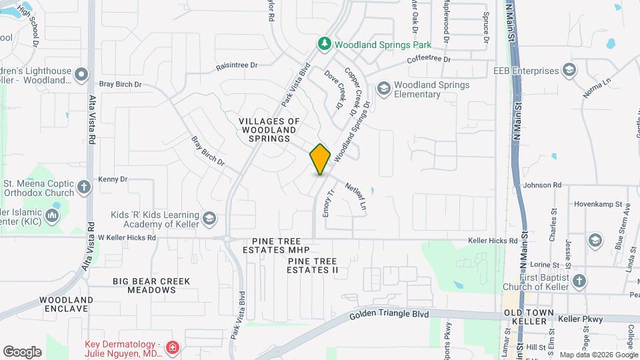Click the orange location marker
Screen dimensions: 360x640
click(x=320, y=159)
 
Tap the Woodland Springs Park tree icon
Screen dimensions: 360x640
click(x=324, y=44)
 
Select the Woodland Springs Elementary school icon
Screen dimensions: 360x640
click(x=383, y=88)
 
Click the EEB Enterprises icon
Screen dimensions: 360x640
click(x=569, y=71)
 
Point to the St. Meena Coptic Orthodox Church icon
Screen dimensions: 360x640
click(x=83, y=187)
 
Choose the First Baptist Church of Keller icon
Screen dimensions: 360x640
click(x=578, y=281)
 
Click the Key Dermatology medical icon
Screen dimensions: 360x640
click(x=173, y=348)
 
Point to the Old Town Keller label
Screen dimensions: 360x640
click(x=530, y=316)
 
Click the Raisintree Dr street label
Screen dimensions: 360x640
click(x=237, y=66)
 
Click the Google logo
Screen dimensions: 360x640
click(x=22, y=351)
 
